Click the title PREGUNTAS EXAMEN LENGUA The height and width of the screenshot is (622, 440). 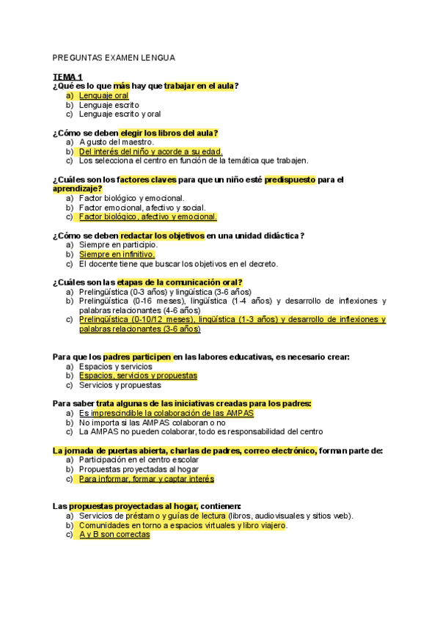coord(114,57)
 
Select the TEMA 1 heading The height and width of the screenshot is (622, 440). coord(67,77)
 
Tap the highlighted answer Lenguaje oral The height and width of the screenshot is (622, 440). coord(103,95)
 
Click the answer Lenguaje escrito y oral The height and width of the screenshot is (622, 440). coord(120,114)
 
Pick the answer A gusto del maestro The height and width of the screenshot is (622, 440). coord(116,142)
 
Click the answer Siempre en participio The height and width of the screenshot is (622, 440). coord(117,244)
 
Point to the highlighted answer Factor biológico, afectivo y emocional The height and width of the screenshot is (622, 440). coord(147,216)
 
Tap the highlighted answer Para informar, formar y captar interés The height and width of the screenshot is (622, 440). coord(146,478)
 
